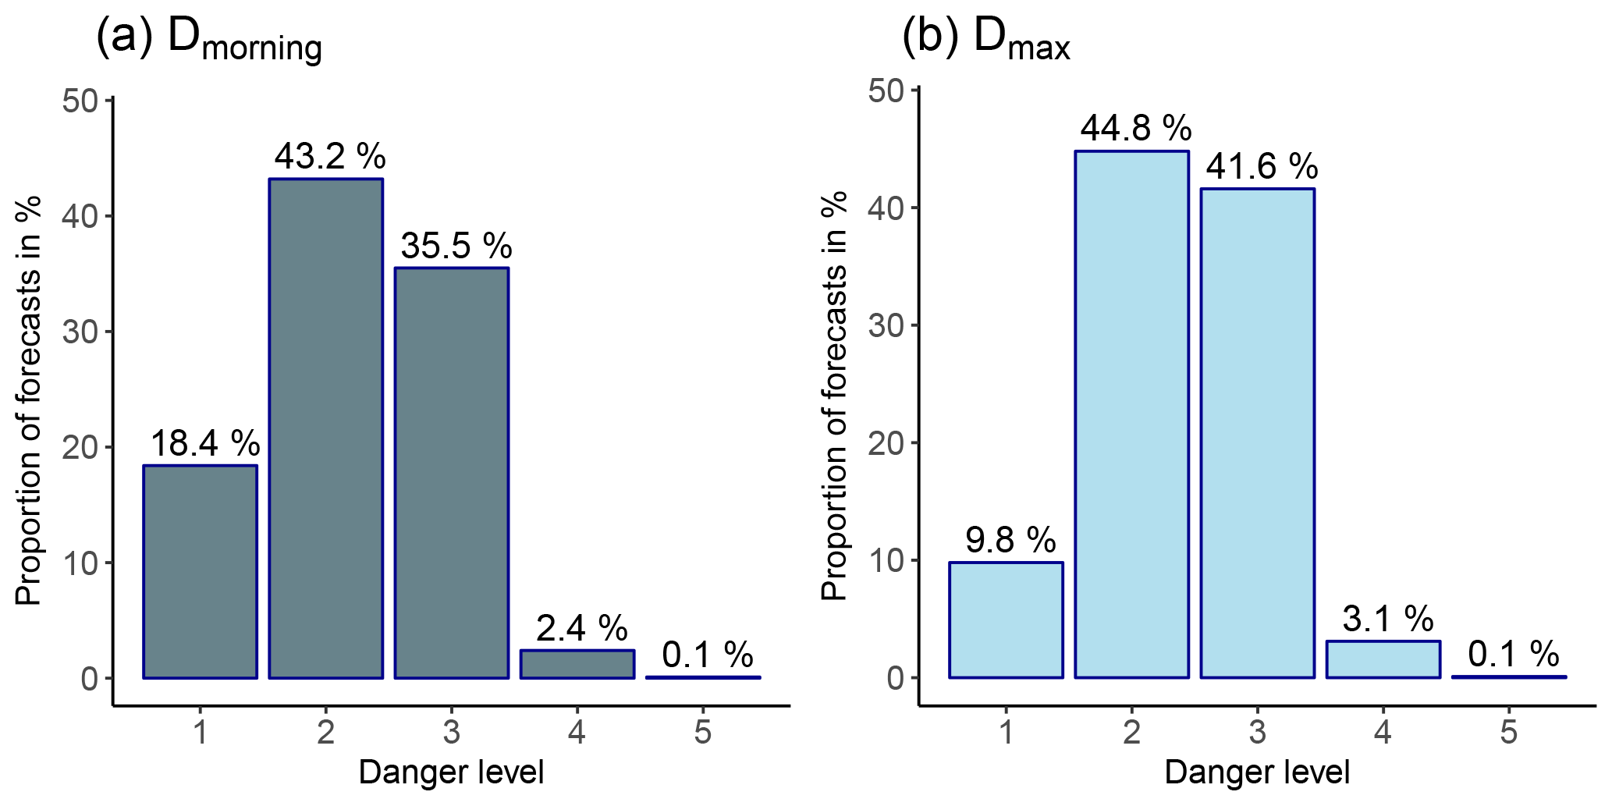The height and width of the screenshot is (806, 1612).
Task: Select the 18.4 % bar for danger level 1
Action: [200, 571]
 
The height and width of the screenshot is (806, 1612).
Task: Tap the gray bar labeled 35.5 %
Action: [452, 473]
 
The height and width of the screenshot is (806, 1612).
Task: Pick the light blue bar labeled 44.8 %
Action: [1131, 414]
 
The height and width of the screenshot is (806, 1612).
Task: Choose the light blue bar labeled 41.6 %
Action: [1257, 433]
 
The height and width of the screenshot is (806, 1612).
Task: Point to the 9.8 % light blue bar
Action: [1006, 620]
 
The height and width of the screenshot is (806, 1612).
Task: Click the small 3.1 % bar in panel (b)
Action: [1383, 659]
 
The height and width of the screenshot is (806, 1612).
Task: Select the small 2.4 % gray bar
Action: [577, 664]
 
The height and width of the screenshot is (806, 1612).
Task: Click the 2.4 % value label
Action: [581, 628]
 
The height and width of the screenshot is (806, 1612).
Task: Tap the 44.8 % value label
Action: [1136, 128]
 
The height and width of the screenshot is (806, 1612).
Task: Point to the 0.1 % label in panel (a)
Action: [707, 655]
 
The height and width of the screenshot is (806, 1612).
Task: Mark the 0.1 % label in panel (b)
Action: [1513, 654]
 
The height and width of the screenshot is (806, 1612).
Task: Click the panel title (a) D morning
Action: [208, 39]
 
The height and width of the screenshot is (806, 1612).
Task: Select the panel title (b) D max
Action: [985, 39]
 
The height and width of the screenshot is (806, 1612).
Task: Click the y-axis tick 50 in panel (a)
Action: [80, 101]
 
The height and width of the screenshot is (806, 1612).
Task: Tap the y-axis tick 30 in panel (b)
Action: [886, 325]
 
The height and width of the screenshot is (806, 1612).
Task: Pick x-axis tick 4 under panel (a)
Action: [577, 733]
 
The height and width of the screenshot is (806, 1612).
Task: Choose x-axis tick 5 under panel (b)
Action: [1508, 733]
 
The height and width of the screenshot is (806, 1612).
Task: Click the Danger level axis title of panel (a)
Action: [451, 772]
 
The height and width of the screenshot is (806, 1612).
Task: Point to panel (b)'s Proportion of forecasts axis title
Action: [834, 396]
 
